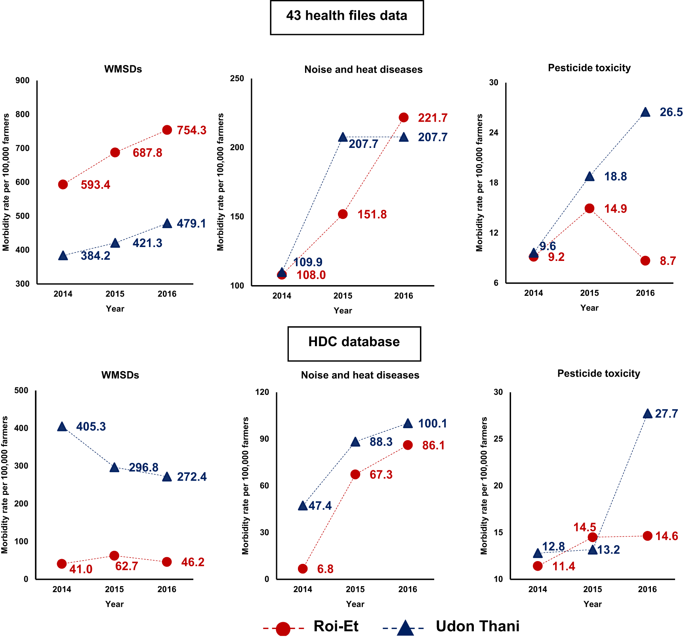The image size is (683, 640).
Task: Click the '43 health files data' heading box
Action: point(347,17)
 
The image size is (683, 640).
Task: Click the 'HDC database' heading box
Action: point(354,343)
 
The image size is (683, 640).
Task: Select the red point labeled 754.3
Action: point(167,130)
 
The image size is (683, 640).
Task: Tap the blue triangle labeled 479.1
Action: point(167,224)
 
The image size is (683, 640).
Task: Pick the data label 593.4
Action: point(95,185)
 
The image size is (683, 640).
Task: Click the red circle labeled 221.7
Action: point(404,117)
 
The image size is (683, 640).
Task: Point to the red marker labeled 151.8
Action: point(343,215)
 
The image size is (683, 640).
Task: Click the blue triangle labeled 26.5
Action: point(645,112)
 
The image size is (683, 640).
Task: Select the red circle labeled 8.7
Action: point(645,261)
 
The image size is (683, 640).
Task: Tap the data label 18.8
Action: point(615,176)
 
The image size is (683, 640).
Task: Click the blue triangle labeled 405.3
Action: point(62,427)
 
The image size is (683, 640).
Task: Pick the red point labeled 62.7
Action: point(114,556)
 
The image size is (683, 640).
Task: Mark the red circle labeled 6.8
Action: point(303,569)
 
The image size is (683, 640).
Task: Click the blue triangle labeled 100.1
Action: point(408,423)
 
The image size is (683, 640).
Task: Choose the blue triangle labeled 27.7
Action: point(647,414)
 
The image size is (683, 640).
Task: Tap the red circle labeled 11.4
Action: point(538,566)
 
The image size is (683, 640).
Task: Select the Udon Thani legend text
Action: point(477,627)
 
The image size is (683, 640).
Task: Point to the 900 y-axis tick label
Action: point(22,80)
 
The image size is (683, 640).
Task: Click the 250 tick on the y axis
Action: point(237,79)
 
